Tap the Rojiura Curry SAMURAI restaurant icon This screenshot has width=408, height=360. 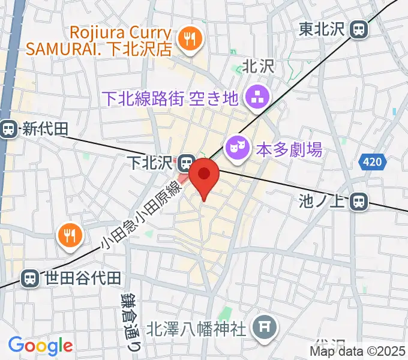(x=192, y=41)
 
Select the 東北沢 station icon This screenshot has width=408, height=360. (x=359, y=29)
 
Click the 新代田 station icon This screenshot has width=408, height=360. (x=8, y=128)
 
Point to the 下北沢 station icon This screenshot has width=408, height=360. (x=186, y=162)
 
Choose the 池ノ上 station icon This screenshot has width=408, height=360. (x=359, y=201)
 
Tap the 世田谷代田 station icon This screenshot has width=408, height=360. (x=28, y=278)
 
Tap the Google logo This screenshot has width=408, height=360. (x=40, y=346)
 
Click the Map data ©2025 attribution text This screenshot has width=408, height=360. (x=358, y=351)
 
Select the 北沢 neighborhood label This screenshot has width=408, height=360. (x=258, y=67)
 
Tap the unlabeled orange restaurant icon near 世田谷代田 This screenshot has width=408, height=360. (x=70, y=235)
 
